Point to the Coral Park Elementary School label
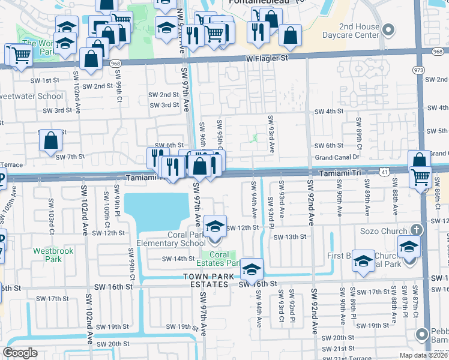[x=171, y=239]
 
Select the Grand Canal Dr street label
[x=337, y=158]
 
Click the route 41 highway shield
[x=382, y=172]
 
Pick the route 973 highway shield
[x=418, y=70]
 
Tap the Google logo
[x=20, y=353]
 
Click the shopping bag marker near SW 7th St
[x=51, y=141]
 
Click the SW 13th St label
[x=290, y=237]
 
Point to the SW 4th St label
[x=328, y=111]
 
